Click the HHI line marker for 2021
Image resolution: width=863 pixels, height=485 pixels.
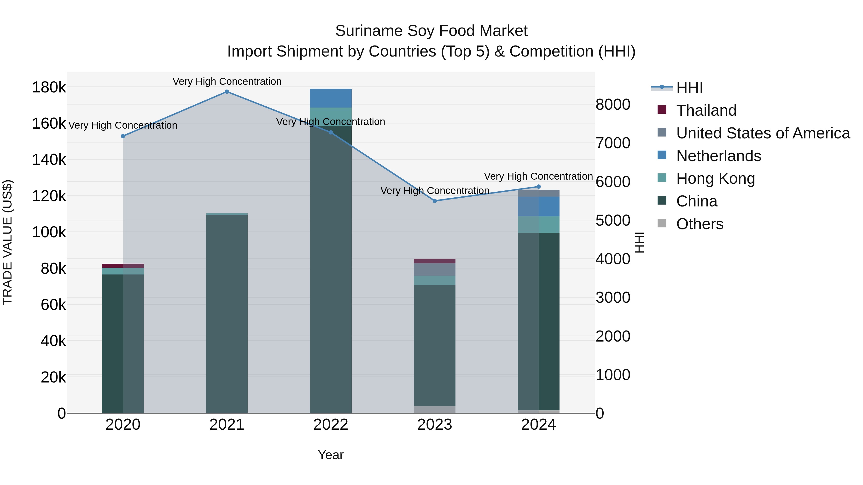click(227, 92)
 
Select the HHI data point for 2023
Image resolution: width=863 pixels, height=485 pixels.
click(435, 201)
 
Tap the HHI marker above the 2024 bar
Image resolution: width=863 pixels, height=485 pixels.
click(538, 187)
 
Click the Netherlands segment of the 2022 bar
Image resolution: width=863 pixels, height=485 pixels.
click(331, 98)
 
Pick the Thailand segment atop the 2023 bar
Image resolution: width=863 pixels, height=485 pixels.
click(435, 261)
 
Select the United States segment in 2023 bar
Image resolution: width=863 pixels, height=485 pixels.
click(435, 269)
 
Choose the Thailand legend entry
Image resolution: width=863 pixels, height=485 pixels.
click(706, 110)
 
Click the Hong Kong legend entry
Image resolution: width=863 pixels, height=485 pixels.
click(715, 178)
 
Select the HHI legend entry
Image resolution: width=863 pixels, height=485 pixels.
click(689, 88)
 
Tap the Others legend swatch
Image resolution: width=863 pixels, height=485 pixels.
click(662, 223)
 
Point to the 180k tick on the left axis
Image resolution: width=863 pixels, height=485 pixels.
click(49, 88)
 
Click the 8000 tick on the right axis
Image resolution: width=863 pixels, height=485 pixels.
click(613, 104)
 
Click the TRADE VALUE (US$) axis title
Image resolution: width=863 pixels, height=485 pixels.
click(7, 242)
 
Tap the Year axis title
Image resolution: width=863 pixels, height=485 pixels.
click(331, 455)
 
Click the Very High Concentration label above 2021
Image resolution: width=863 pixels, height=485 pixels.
click(227, 82)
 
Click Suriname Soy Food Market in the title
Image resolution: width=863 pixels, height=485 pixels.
click(431, 31)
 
